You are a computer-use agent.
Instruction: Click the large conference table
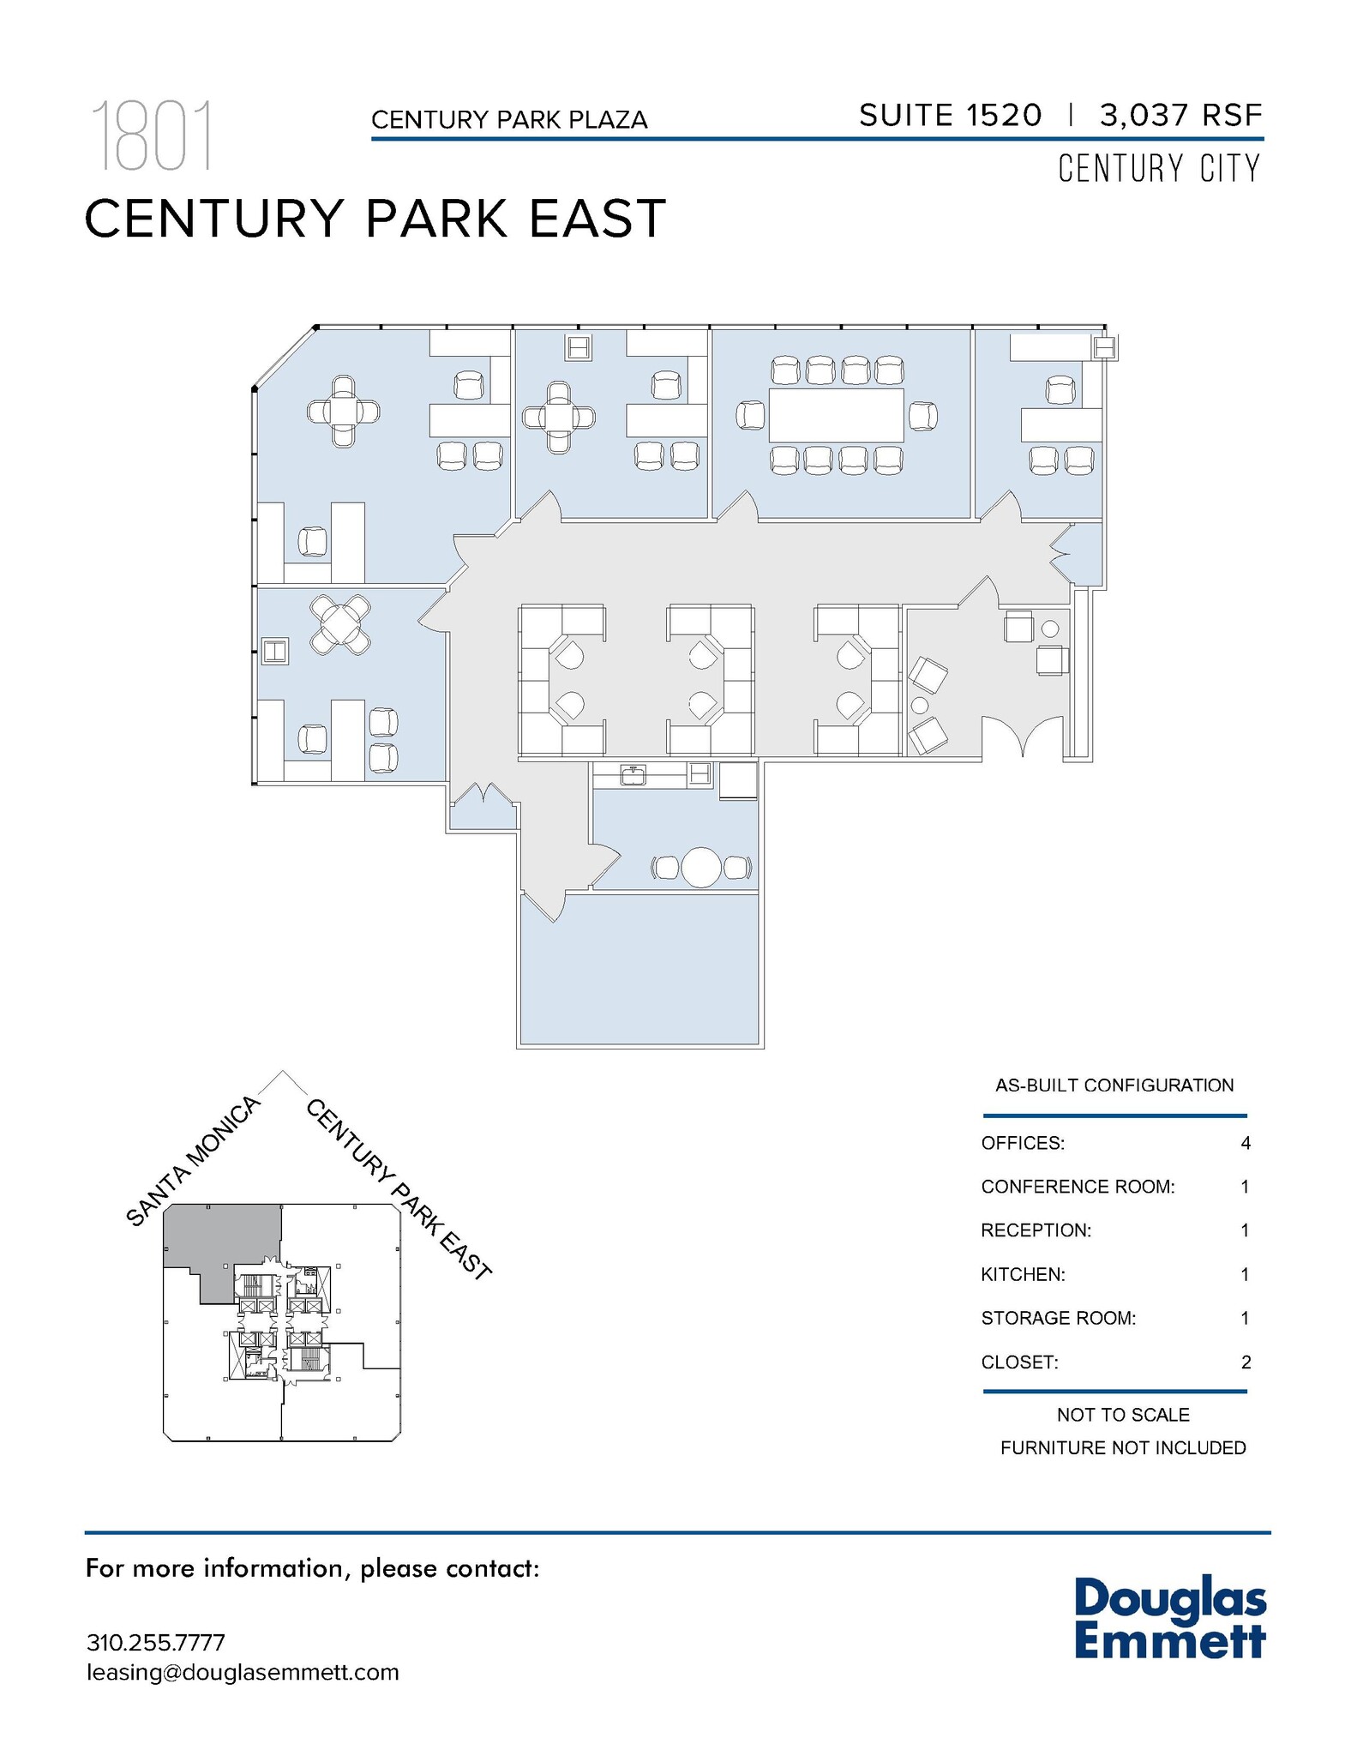click(x=836, y=416)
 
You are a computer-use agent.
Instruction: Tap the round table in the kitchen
click(x=702, y=868)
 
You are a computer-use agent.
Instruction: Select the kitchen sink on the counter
click(x=633, y=776)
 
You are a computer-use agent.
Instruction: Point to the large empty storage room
click(x=639, y=969)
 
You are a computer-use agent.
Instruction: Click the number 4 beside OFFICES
click(x=1245, y=1143)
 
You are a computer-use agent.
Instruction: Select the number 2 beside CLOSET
click(x=1245, y=1362)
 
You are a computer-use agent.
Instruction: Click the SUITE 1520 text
click(x=950, y=115)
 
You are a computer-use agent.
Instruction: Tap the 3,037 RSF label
click(x=1180, y=115)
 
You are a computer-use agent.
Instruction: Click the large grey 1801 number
click(x=152, y=136)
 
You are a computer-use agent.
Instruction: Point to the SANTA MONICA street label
click(x=193, y=1161)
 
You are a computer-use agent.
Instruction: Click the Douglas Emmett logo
click(x=1169, y=1619)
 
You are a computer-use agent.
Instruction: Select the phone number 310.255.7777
click(x=155, y=1643)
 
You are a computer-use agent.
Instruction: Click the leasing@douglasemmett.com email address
click(x=243, y=1672)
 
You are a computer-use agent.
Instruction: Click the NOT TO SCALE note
click(x=1122, y=1415)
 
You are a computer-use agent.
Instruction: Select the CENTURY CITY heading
click(x=1158, y=169)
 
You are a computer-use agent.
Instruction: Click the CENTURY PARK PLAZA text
click(x=509, y=120)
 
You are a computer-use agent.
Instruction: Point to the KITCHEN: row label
click(x=1023, y=1274)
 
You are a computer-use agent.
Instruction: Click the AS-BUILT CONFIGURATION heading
click(x=1114, y=1085)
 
